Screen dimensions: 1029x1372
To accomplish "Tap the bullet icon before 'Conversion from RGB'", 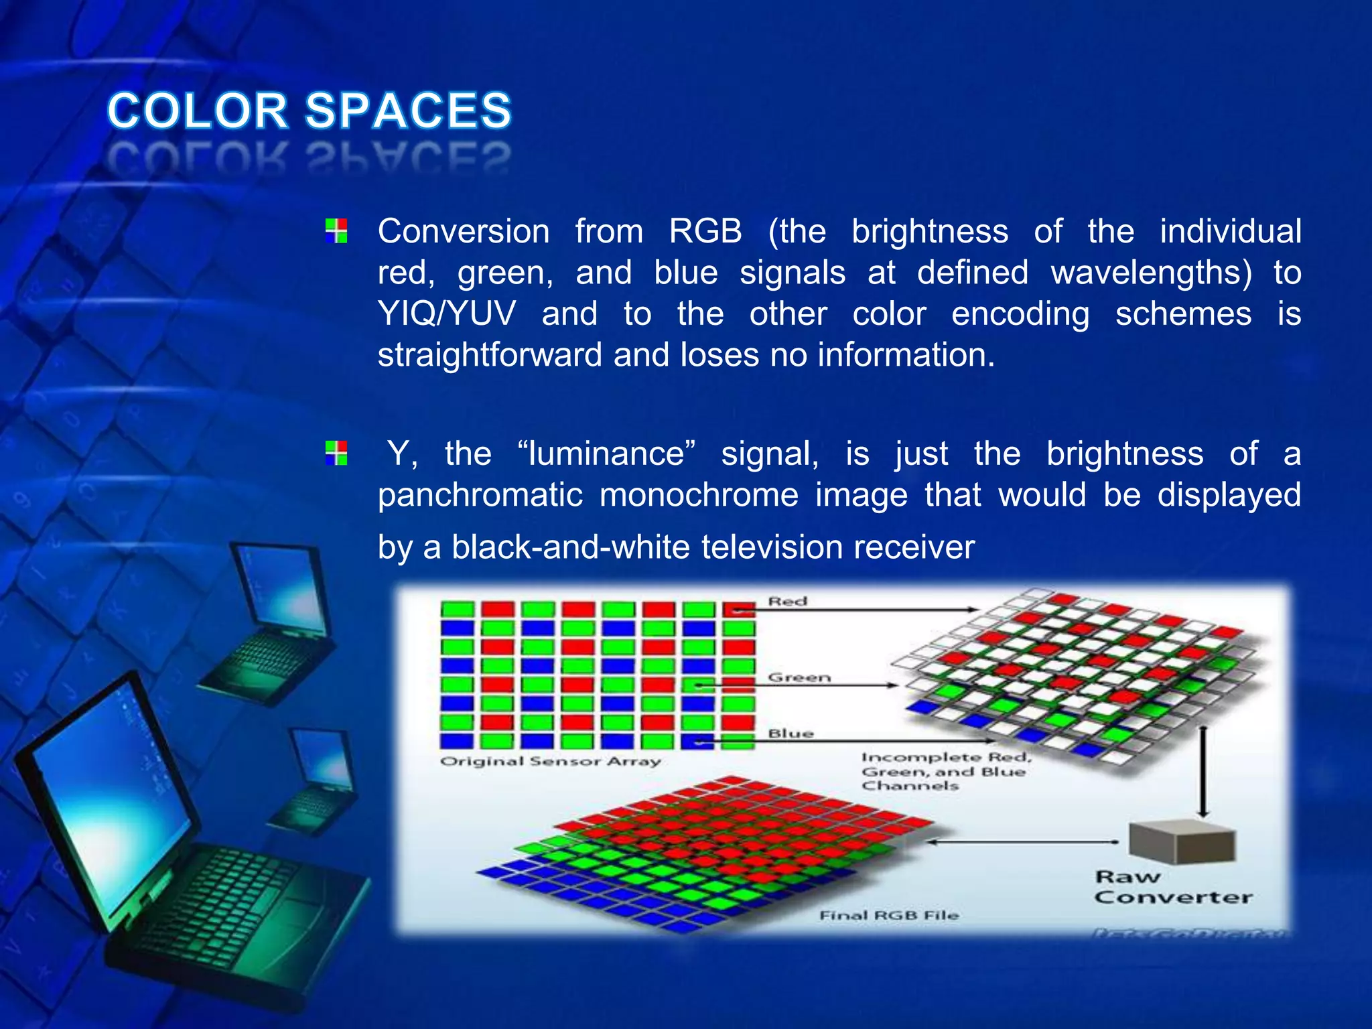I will [x=336, y=230].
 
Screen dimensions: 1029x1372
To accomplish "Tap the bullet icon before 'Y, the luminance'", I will [x=336, y=453].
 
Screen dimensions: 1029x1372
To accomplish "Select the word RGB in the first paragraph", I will [x=705, y=232].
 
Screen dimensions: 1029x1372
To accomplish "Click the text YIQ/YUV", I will [x=447, y=314].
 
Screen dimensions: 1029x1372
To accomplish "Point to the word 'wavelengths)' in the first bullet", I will [x=1150, y=273].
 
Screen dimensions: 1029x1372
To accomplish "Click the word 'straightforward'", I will [x=489, y=354].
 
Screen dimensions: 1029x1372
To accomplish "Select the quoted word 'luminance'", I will [x=606, y=454].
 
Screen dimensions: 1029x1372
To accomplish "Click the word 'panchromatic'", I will [x=480, y=496].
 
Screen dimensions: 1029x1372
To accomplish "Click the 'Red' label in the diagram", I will [x=788, y=601].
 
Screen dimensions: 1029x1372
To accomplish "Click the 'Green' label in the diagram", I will [x=799, y=677].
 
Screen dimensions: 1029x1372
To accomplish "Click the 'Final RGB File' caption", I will [x=889, y=914].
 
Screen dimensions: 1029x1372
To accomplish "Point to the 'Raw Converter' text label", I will [x=1172, y=887].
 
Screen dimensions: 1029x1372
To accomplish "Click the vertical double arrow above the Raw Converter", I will [x=1203, y=770].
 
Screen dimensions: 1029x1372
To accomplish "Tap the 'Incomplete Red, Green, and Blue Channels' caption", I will [x=945, y=771].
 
